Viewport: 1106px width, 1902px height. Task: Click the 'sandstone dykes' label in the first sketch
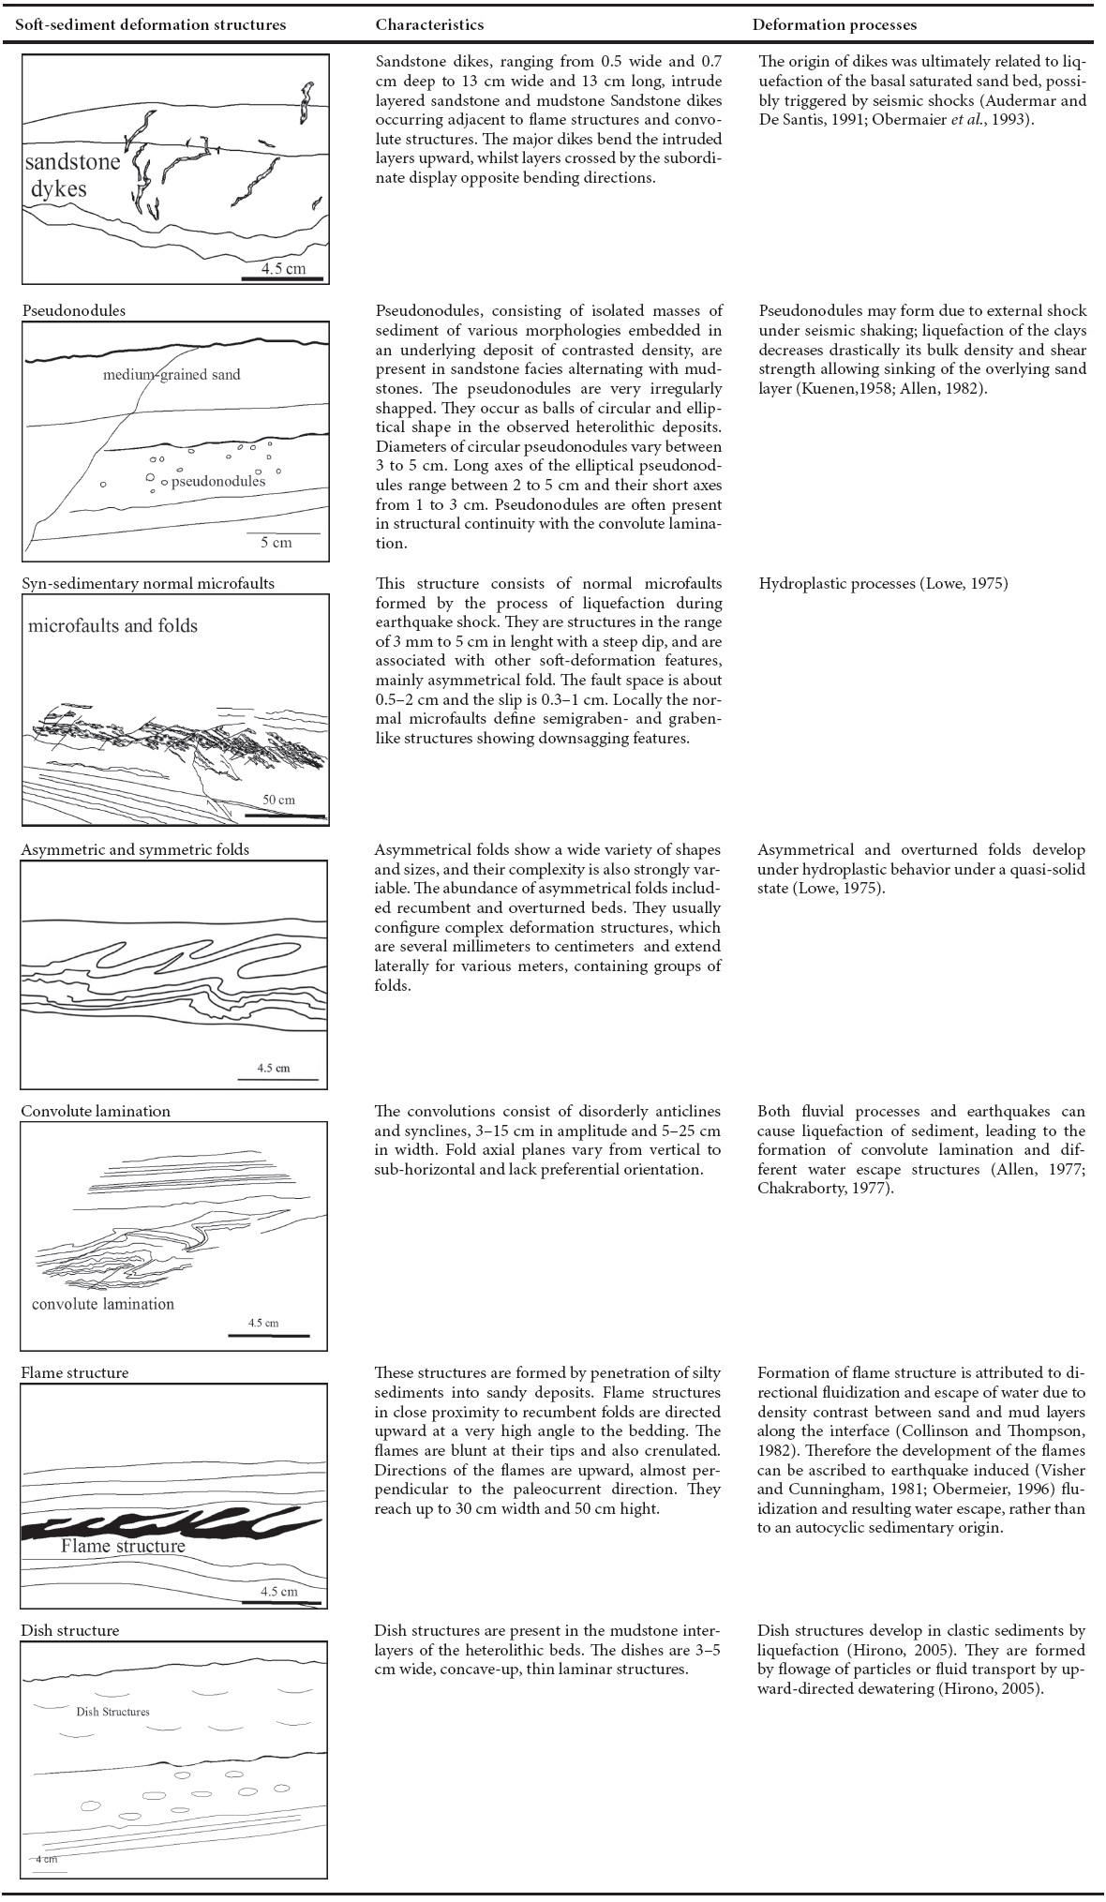73,174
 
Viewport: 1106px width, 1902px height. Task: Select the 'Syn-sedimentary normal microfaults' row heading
147,583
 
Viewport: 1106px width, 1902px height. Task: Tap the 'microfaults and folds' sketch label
112,625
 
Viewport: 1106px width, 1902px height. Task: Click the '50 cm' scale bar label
278,800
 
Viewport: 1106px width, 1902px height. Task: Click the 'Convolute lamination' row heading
96,1111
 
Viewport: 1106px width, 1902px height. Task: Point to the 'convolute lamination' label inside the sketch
103,1304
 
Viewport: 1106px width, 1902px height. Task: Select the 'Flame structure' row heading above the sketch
75,1372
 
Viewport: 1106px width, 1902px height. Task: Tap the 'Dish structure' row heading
70,1630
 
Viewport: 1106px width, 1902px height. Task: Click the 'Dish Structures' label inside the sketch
112,1712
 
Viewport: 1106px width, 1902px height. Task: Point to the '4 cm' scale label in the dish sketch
47,1858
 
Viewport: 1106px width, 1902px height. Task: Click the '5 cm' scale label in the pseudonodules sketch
276,542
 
